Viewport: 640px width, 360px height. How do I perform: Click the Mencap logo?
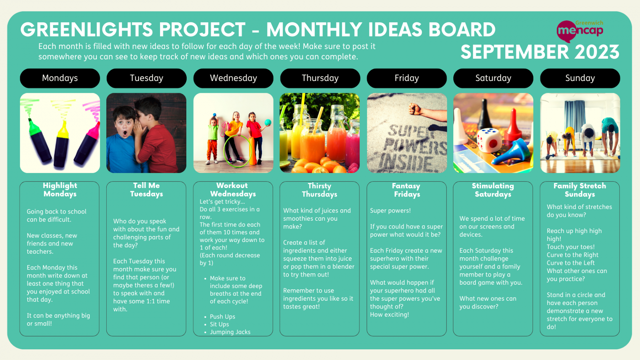pos(580,31)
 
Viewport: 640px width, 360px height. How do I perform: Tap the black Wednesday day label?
pos(233,78)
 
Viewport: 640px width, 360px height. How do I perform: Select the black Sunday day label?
pos(580,78)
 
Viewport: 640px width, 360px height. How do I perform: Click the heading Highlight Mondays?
pos(60,190)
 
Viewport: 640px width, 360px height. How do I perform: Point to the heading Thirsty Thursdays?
pos(319,190)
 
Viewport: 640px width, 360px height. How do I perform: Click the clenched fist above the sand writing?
pos(415,108)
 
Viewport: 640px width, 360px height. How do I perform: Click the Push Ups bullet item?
pos(222,317)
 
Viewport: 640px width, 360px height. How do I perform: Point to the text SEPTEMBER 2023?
pos(540,52)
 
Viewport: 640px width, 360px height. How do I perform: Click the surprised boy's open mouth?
pos(125,134)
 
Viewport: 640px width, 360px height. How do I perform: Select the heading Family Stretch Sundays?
pos(580,190)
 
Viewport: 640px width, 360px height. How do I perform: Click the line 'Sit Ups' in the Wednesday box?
pos(219,324)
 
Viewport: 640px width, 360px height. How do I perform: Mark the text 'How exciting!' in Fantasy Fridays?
pos(389,315)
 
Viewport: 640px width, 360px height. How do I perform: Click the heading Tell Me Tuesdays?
pos(146,190)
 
